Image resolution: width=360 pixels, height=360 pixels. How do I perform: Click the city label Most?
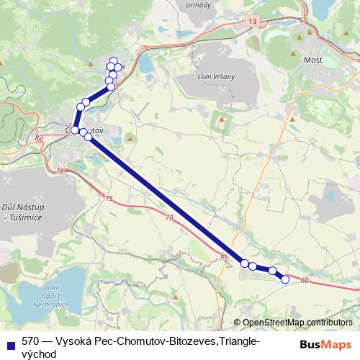pos(313,60)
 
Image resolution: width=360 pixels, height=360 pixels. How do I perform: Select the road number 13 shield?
pos(250,23)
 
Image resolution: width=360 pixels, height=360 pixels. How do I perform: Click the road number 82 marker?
pos(38,135)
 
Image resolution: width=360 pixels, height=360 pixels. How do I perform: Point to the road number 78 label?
pos(60,171)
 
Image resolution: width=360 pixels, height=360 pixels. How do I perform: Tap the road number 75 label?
pos(109,199)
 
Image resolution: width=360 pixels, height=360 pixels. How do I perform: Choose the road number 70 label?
pos(169,217)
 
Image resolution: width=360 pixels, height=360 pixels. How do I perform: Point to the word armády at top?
pos(197,5)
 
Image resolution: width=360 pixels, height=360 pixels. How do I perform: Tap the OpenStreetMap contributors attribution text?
pos(297,323)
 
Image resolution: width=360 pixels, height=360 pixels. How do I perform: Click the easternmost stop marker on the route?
pos(285,279)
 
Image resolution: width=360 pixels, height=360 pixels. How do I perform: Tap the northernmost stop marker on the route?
pos(113,60)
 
